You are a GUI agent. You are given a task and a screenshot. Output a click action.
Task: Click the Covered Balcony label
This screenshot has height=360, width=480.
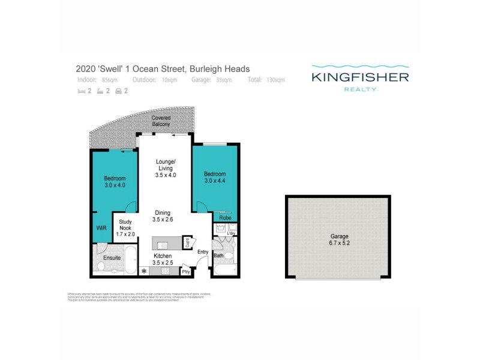point(161,121)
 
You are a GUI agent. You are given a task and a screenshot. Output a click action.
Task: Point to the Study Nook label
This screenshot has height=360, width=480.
point(125,226)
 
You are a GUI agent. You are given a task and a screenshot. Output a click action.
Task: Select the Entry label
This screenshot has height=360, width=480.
point(202,251)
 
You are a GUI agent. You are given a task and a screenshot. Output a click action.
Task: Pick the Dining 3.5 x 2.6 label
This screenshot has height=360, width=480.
point(163,216)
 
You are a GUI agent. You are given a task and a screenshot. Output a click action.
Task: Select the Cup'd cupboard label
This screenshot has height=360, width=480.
point(187,242)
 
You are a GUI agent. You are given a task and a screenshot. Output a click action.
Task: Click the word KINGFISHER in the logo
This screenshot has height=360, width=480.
point(360,77)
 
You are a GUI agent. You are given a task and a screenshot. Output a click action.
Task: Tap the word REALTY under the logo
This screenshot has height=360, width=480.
point(360,89)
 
